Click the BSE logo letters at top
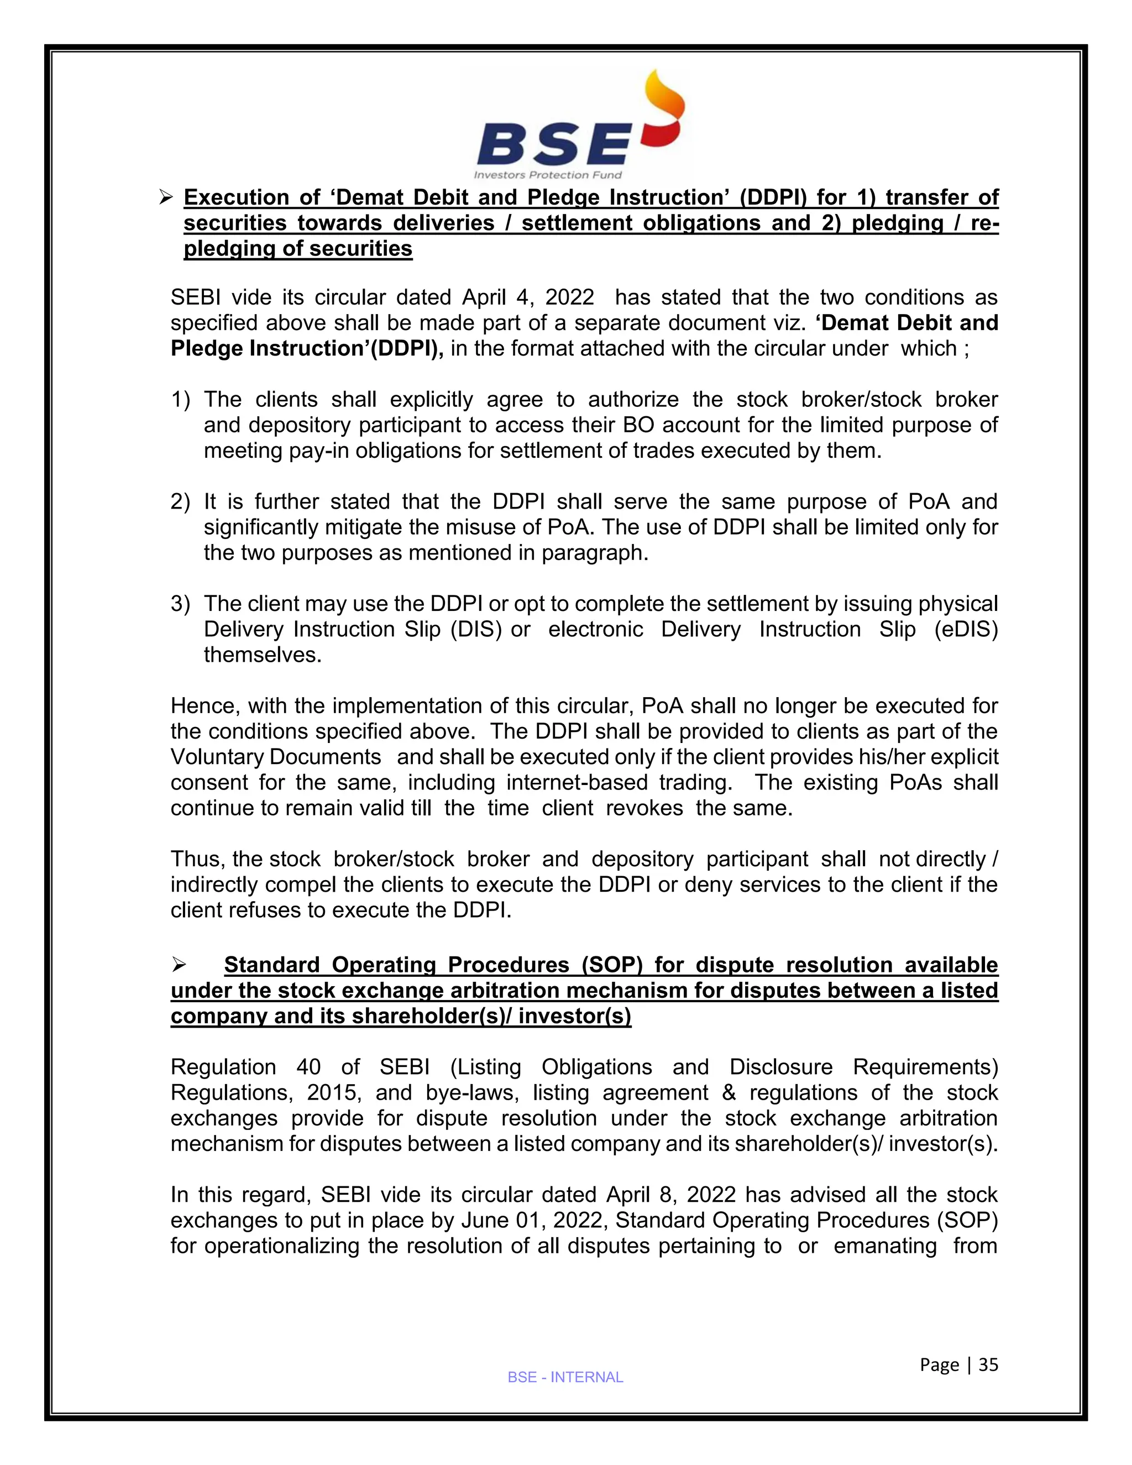tap(553, 144)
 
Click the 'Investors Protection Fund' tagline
tap(548, 175)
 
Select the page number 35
tap(988, 1365)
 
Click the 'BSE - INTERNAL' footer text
tap(565, 1377)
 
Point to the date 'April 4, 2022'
tap(528, 297)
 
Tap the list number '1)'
tap(180, 400)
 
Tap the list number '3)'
tap(180, 604)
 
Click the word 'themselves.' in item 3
tap(263, 655)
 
